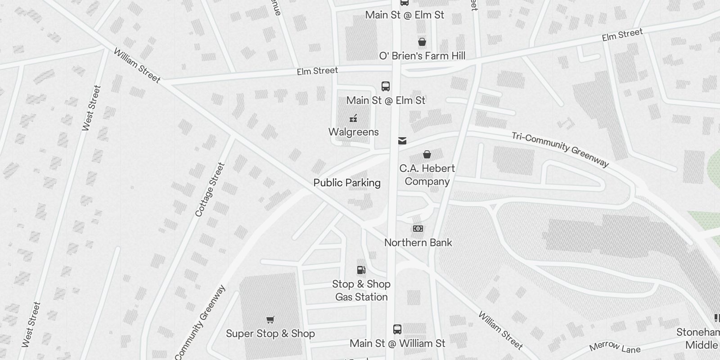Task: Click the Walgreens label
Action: [x=353, y=132]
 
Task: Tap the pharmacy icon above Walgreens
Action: [x=353, y=119]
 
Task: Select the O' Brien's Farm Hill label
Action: [x=422, y=56]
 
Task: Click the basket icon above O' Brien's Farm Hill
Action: [x=422, y=42]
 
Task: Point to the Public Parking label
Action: [x=347, y=183]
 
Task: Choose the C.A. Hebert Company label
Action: [x=427, y=175]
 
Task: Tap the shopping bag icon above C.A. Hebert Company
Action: [x=427, y=155]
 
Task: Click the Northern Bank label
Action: [x=418, y=243]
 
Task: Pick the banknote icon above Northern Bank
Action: [x=418, y=229]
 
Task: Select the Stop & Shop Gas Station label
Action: [x=361, y=290]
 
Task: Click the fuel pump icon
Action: [x=361, y=270]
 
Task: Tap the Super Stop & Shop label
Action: [x=270, y=333]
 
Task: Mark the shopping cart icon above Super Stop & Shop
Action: [x=270, y=320]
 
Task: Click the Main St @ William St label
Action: [x=397, y=343]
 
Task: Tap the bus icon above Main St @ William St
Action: [x=397, y=329]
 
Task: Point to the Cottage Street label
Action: [x=210, y=189]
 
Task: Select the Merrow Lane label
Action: [x=614, y=347]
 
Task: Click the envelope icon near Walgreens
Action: [x=402, y=141]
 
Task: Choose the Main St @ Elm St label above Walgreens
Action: [x=386, y=100]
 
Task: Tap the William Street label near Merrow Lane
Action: [x=500, y=330]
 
